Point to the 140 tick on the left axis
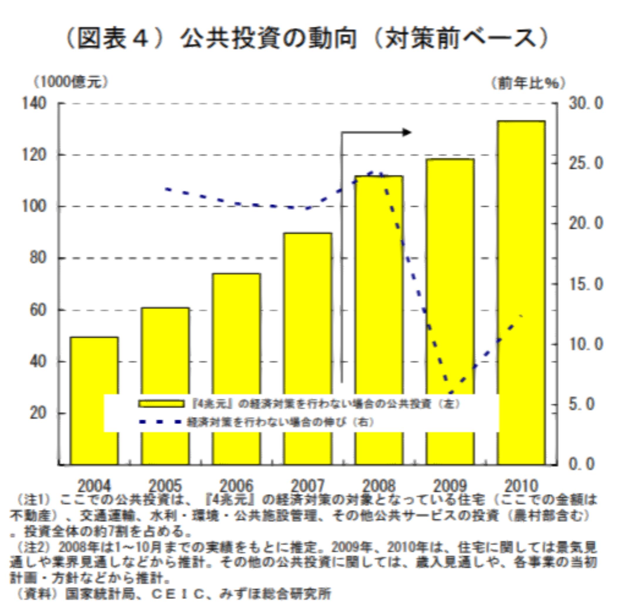34,104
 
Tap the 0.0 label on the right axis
586,464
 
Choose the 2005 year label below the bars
165,486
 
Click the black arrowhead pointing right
407,132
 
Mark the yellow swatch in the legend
161,404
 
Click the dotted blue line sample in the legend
161,422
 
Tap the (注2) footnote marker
33,546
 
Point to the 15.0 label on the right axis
586,284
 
